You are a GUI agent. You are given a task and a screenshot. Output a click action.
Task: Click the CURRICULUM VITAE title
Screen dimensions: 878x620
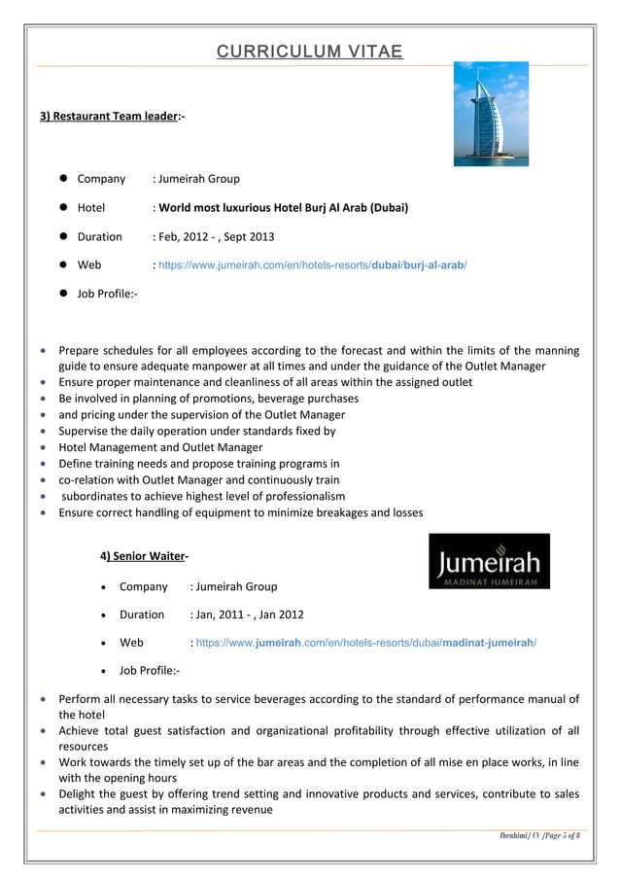pos(309,52)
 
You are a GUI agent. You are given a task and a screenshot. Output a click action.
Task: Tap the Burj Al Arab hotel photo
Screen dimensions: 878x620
pos(491,114)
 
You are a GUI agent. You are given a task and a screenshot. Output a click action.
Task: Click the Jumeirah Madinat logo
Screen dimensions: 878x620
pos(489,561)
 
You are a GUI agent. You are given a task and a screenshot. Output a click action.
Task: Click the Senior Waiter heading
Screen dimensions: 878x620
pos(146,556)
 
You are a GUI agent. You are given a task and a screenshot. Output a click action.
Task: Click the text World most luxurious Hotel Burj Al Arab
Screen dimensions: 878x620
pos(283,207)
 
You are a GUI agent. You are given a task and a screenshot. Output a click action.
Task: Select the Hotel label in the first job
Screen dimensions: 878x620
pos(91,207)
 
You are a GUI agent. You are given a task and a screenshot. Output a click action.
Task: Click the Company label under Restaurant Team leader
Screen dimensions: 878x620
pos(101,179)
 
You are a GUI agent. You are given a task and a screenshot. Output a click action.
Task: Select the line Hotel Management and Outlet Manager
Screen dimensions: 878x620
pos(160,447)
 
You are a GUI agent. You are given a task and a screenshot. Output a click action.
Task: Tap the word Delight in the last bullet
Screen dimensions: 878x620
pos(78,793)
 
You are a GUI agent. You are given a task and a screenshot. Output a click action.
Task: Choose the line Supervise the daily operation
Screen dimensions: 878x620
pos(197,431)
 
